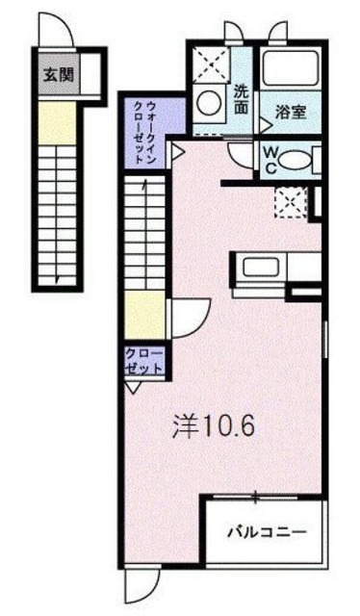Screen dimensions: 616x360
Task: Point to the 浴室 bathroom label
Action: pos(290,112)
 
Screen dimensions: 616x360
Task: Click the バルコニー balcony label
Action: pos(266,530)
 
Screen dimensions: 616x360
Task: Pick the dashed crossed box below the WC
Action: pos(288,200)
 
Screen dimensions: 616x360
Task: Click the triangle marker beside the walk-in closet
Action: pos(178,150)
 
